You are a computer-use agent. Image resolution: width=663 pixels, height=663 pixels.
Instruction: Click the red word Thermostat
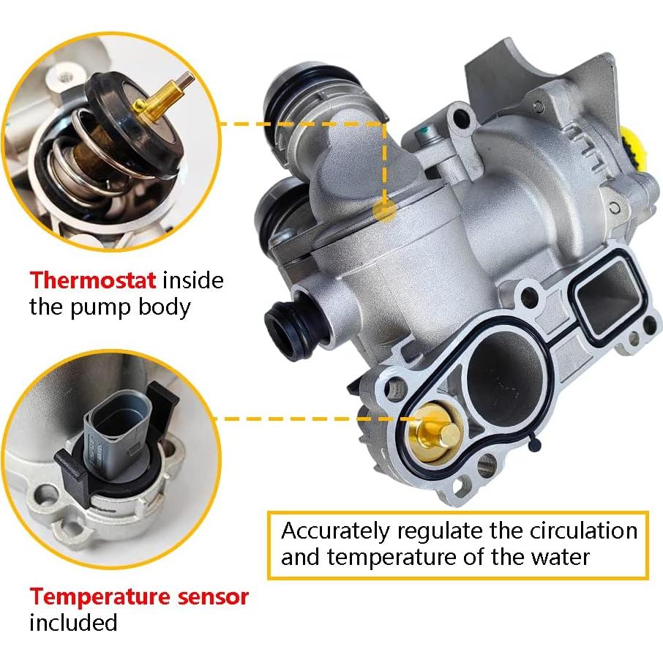(92, 280)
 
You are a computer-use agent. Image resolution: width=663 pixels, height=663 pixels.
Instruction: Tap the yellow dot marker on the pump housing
(384, 209)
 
